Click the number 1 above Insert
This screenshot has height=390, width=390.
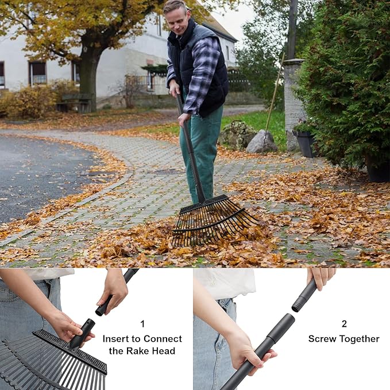pos(142,323)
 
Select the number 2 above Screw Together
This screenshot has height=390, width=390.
pos(343,323)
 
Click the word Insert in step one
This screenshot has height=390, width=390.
pos(116,339)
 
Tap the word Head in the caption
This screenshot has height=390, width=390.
pos(163,351)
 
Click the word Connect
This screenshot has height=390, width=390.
pos(161,339)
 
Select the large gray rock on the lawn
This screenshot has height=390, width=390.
pos(262,142)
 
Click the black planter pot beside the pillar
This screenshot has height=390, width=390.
pos(304,143)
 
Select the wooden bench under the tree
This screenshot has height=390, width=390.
pos(74,103)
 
